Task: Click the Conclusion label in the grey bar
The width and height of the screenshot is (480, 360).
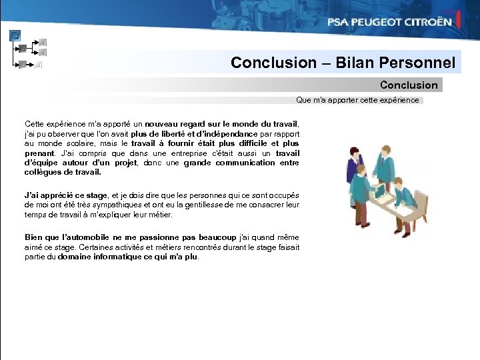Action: coord(409,85)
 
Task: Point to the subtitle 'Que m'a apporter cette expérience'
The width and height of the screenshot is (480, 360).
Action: coord(358,100)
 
